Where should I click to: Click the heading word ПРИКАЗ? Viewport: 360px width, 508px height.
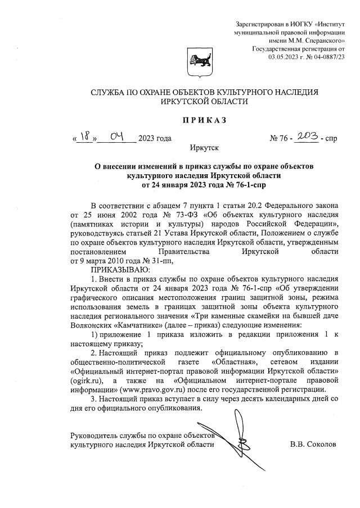tap(203, 119)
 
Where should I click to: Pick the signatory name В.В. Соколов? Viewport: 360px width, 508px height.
tap(313, 444)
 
